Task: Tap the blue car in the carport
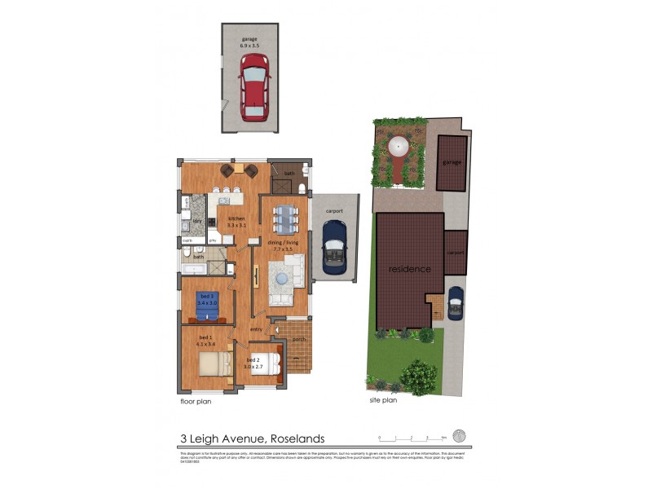tap(334, 249)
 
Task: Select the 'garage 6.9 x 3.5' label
tap(249, 42)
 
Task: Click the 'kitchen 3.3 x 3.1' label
tap(236, 222)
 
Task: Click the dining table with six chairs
tap(285, 218)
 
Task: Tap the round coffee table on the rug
tap(282, 280)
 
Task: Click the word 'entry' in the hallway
tap(257, 329)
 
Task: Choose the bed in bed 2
tap(269, 362)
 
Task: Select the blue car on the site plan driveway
tap(456, 302)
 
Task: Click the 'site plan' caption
tap(383, 400)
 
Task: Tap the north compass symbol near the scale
tap(459, 436)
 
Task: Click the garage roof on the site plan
tap(452, 162)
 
